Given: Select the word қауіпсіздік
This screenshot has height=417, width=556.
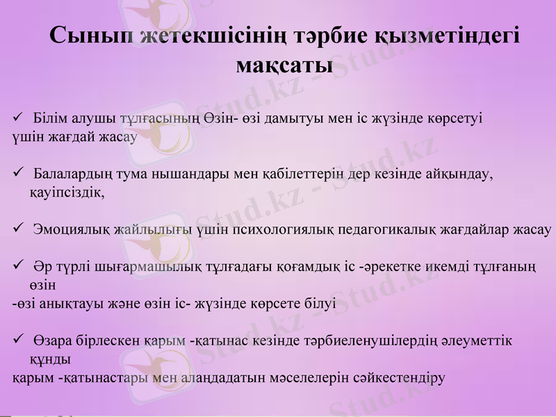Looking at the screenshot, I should [67, 193].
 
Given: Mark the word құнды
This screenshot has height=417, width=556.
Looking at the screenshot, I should [49, 360].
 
